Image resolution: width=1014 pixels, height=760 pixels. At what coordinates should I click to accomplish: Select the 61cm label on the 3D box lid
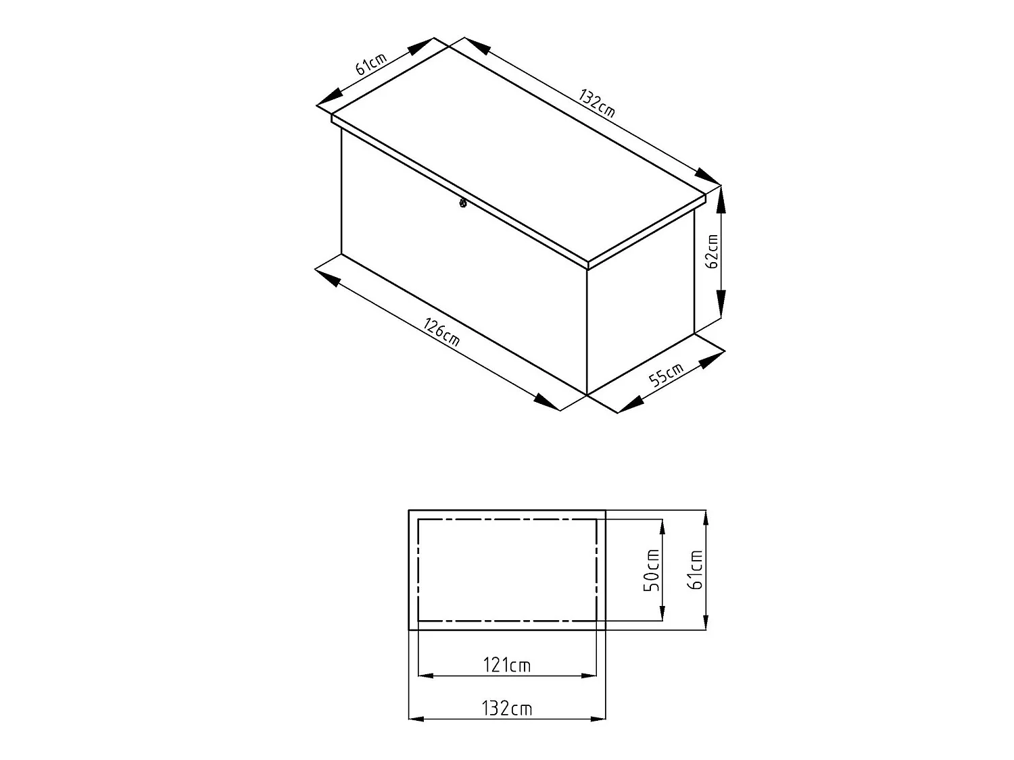tap(370, 64)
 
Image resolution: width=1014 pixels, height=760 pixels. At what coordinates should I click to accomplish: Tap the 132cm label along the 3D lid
tap(597, 103)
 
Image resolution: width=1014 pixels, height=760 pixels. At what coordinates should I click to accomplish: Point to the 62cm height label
tap(711, 252)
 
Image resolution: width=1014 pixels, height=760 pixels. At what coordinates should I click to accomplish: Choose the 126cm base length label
tap(441, 332)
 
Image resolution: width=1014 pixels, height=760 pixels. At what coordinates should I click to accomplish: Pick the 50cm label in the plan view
tap(651, 570)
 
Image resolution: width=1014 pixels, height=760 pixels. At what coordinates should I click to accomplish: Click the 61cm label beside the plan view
tap(695, 570)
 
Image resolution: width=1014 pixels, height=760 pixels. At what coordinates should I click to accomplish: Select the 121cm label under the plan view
tap(507, 665)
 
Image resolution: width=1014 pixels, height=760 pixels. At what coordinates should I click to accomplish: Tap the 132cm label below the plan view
tap(507, 709)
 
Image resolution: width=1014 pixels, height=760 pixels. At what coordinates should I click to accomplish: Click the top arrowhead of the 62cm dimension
tap(721, 199)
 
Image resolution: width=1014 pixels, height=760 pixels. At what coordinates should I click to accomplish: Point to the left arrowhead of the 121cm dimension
tap(427, 675)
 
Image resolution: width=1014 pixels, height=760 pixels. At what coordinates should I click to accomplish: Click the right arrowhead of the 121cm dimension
tap(589, 675)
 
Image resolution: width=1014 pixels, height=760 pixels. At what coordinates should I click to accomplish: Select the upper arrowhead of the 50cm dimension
tap(662, 528)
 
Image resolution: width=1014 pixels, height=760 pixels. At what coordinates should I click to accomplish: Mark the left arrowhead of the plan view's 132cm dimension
tap(417, 719)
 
